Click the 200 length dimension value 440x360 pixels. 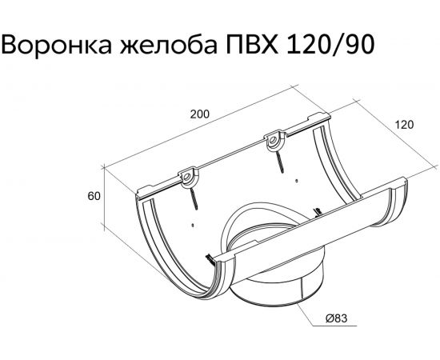coord(199,114)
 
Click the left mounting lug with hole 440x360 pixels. coord(188,174)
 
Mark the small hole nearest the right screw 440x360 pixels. coord(297,182)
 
